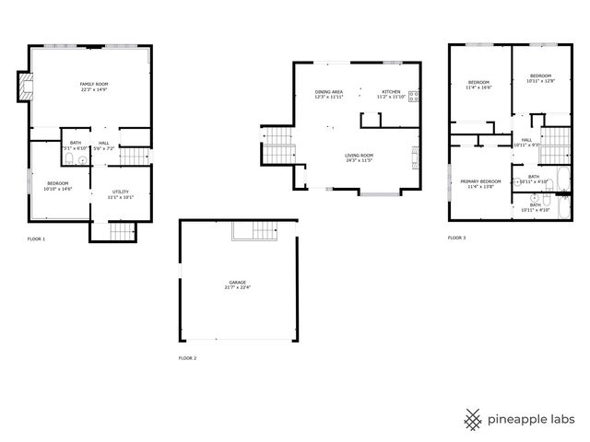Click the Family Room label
pyautogui.click(x=94, y=84)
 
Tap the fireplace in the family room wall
pyautogui.click(x=26, y=88)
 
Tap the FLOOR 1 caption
pyautogui.click(x=36, y=238)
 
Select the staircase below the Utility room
pyautogui.click(x=121, y=231)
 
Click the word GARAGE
pyautogui.click(x=237, y=282)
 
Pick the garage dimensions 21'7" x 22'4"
pyautogui.click(x=237, y=288)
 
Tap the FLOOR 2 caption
pyautogui.click(x=187, y=357)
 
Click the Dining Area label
pyautogui.click(x=328, y=92)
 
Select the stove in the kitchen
pyautogui.click(x=414, y=95)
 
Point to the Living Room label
pyautogui.click(x=359, y=156)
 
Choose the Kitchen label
pyautogui.click(x=391, y=92)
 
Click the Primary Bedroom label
pyautogui.click(x=480, y=181)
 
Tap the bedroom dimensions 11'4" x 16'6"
pyautogui.click(x=479, y=87)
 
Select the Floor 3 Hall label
pyautogui.click(x=526, y=140)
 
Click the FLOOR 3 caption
pyautogui.click(x=457, y=238)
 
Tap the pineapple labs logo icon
pyautogui.click(x=473, y=418)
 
